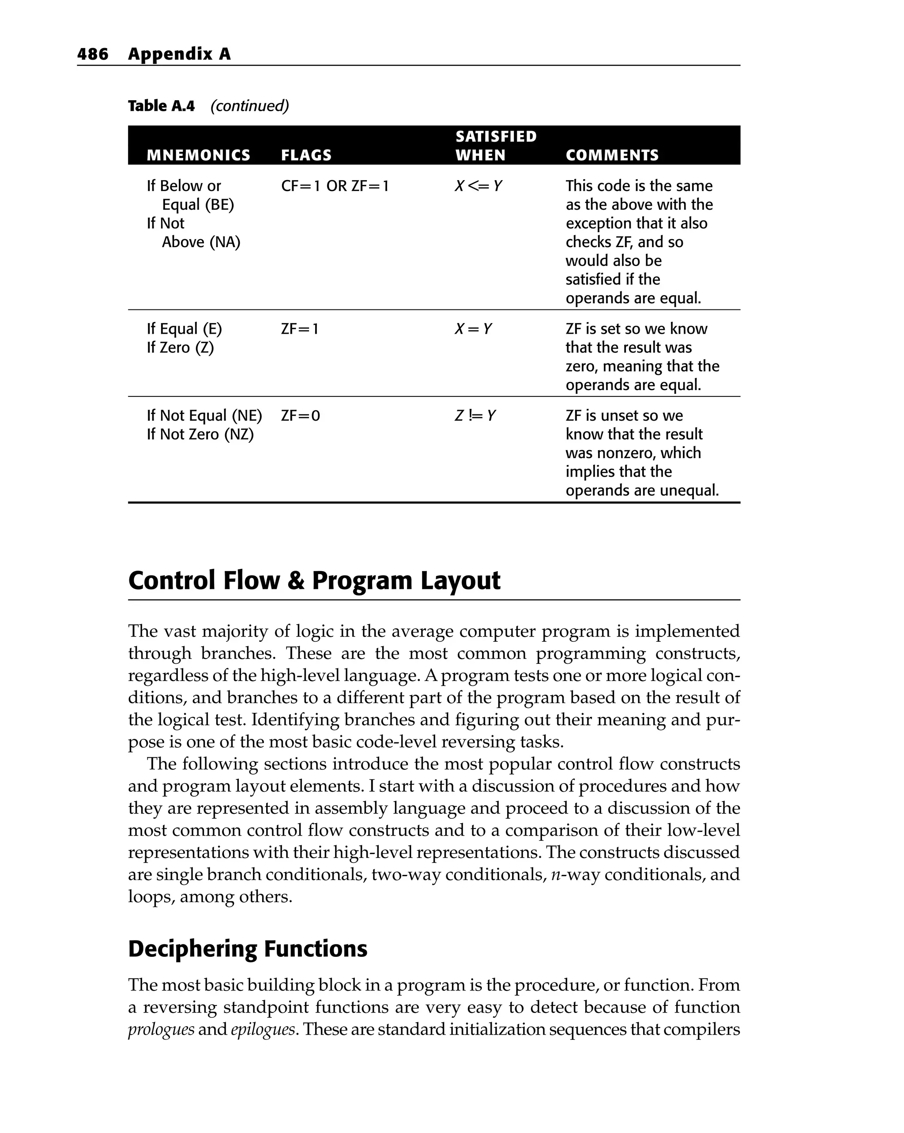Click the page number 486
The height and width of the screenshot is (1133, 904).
click(93, 54)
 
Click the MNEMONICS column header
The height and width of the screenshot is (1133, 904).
click(198, 155)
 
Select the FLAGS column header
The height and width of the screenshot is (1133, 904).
click(306, 155)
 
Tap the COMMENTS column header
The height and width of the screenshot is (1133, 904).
click(612, 155)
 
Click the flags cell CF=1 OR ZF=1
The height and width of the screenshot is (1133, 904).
click(335, 186)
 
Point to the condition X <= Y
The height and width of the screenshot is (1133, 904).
click(478, 186)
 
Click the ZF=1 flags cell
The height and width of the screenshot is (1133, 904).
click(300, 329)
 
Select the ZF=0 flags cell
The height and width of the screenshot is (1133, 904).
click(300, 416)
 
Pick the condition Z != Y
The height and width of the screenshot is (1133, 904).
click(475, 416)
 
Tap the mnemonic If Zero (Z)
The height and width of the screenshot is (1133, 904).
click(180, 347)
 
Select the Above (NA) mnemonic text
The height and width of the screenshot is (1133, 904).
click(201, 242)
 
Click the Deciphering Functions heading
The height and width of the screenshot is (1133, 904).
click(248, 949)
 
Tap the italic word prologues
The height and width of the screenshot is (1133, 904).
click(161, 1029)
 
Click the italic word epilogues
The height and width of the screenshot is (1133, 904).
click(263, 1029)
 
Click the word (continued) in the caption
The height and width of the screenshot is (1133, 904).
click(250, 106)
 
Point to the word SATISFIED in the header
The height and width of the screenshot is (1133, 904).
click(496, 137)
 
